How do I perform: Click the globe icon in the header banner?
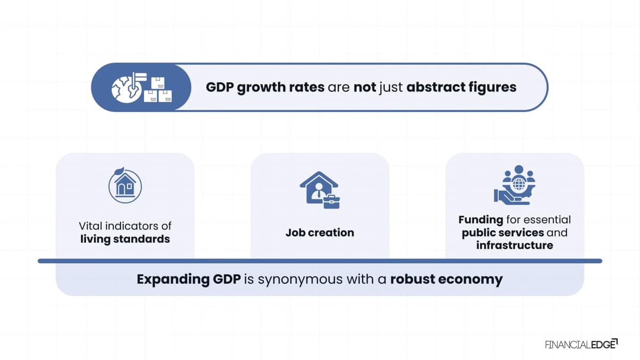(126, 89)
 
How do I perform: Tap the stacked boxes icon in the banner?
(158, 90)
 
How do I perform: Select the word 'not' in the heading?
(365, 87)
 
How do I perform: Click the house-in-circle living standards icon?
(125, 185)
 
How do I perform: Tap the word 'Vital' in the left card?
(91, 226)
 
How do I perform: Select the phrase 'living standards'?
(125, 239)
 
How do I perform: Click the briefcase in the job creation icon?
(331, 202)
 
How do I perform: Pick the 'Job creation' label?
(319, 233)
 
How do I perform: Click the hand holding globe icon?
(515, 185)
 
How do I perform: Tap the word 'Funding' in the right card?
(481, 220)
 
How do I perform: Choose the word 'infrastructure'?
(515, 245)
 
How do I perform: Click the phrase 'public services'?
(503, 233)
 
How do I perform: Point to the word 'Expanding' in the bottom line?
(173, 279)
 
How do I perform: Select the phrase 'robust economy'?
(446, 279)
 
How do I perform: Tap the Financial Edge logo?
(581, 345)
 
